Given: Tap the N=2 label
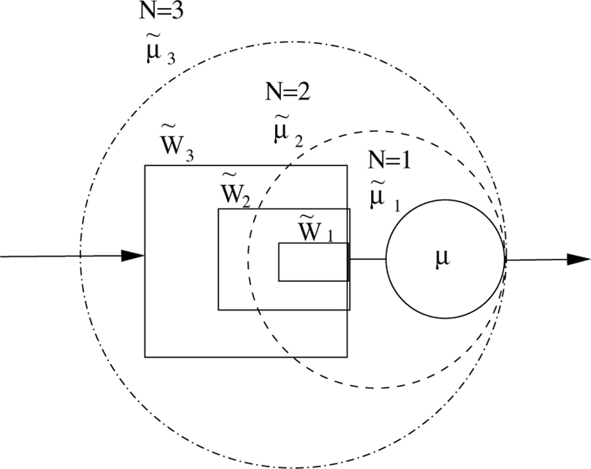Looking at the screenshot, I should [287, 92].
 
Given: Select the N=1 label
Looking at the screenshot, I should [388, 160].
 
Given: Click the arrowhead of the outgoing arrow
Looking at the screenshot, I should [578, 259].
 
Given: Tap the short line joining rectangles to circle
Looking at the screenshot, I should [367, 260].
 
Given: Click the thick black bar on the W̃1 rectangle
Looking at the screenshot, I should [349, 261].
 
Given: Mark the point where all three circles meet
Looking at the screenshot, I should [504, 260].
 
